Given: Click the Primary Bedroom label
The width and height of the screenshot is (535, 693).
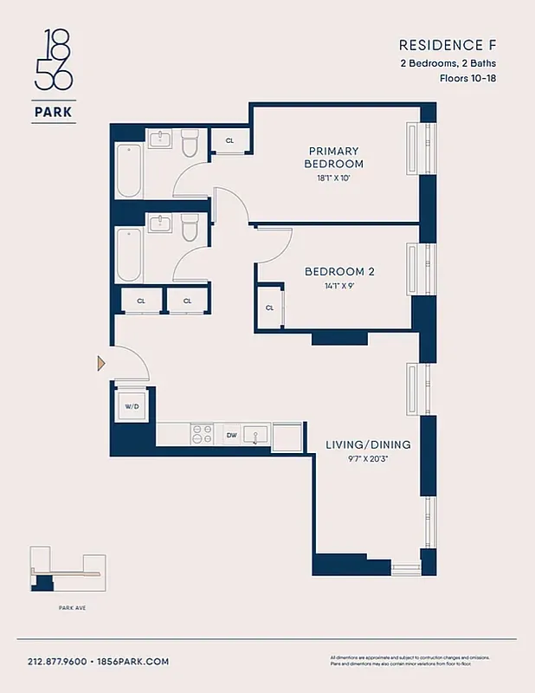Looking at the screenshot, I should click(333, 157).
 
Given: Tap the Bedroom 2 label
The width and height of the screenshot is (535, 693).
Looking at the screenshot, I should click(339, 271).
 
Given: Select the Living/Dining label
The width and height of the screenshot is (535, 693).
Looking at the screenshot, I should click(368, 444).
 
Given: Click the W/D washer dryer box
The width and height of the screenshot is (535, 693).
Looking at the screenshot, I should click(132, 405).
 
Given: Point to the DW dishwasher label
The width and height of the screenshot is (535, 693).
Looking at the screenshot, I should click(231, 436).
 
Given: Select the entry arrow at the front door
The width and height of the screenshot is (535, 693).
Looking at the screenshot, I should click(101, 363).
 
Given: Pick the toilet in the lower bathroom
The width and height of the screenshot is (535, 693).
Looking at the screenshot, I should click(190, 228).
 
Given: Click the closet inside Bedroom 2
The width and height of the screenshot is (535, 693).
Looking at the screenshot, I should click(269, 308).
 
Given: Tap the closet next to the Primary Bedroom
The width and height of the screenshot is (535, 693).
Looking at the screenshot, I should click(230, 140).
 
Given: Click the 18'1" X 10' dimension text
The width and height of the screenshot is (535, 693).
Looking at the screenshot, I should click(333, 178).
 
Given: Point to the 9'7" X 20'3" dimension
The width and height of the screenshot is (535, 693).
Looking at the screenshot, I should click(368, 459).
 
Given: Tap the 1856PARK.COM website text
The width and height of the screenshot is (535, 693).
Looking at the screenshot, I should click(134, 661).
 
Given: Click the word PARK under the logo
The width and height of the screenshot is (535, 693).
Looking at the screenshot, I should click(54, 111).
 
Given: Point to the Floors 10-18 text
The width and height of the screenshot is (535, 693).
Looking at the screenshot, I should click(469, 78).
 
